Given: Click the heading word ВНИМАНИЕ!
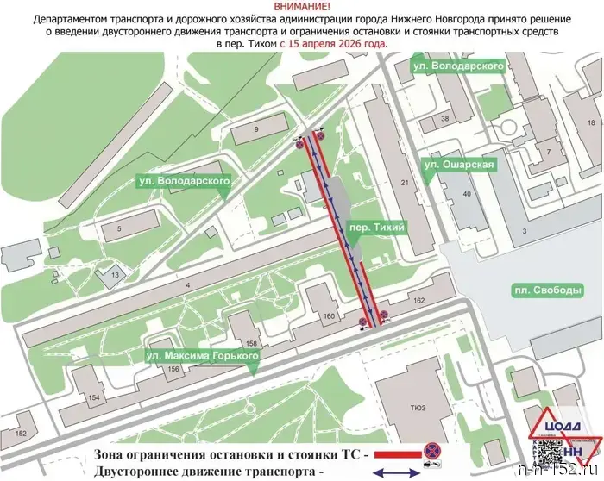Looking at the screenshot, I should (x=301, y=6).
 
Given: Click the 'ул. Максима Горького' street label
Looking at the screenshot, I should (x=195, y=356).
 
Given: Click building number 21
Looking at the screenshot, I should (x=404, y=183).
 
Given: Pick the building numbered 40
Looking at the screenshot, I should (x=467, y=195).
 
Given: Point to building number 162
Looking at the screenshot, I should (x=396, y=300).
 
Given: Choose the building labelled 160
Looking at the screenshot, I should (x=329, y=316).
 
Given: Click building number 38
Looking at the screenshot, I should (x=446, y=118).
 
